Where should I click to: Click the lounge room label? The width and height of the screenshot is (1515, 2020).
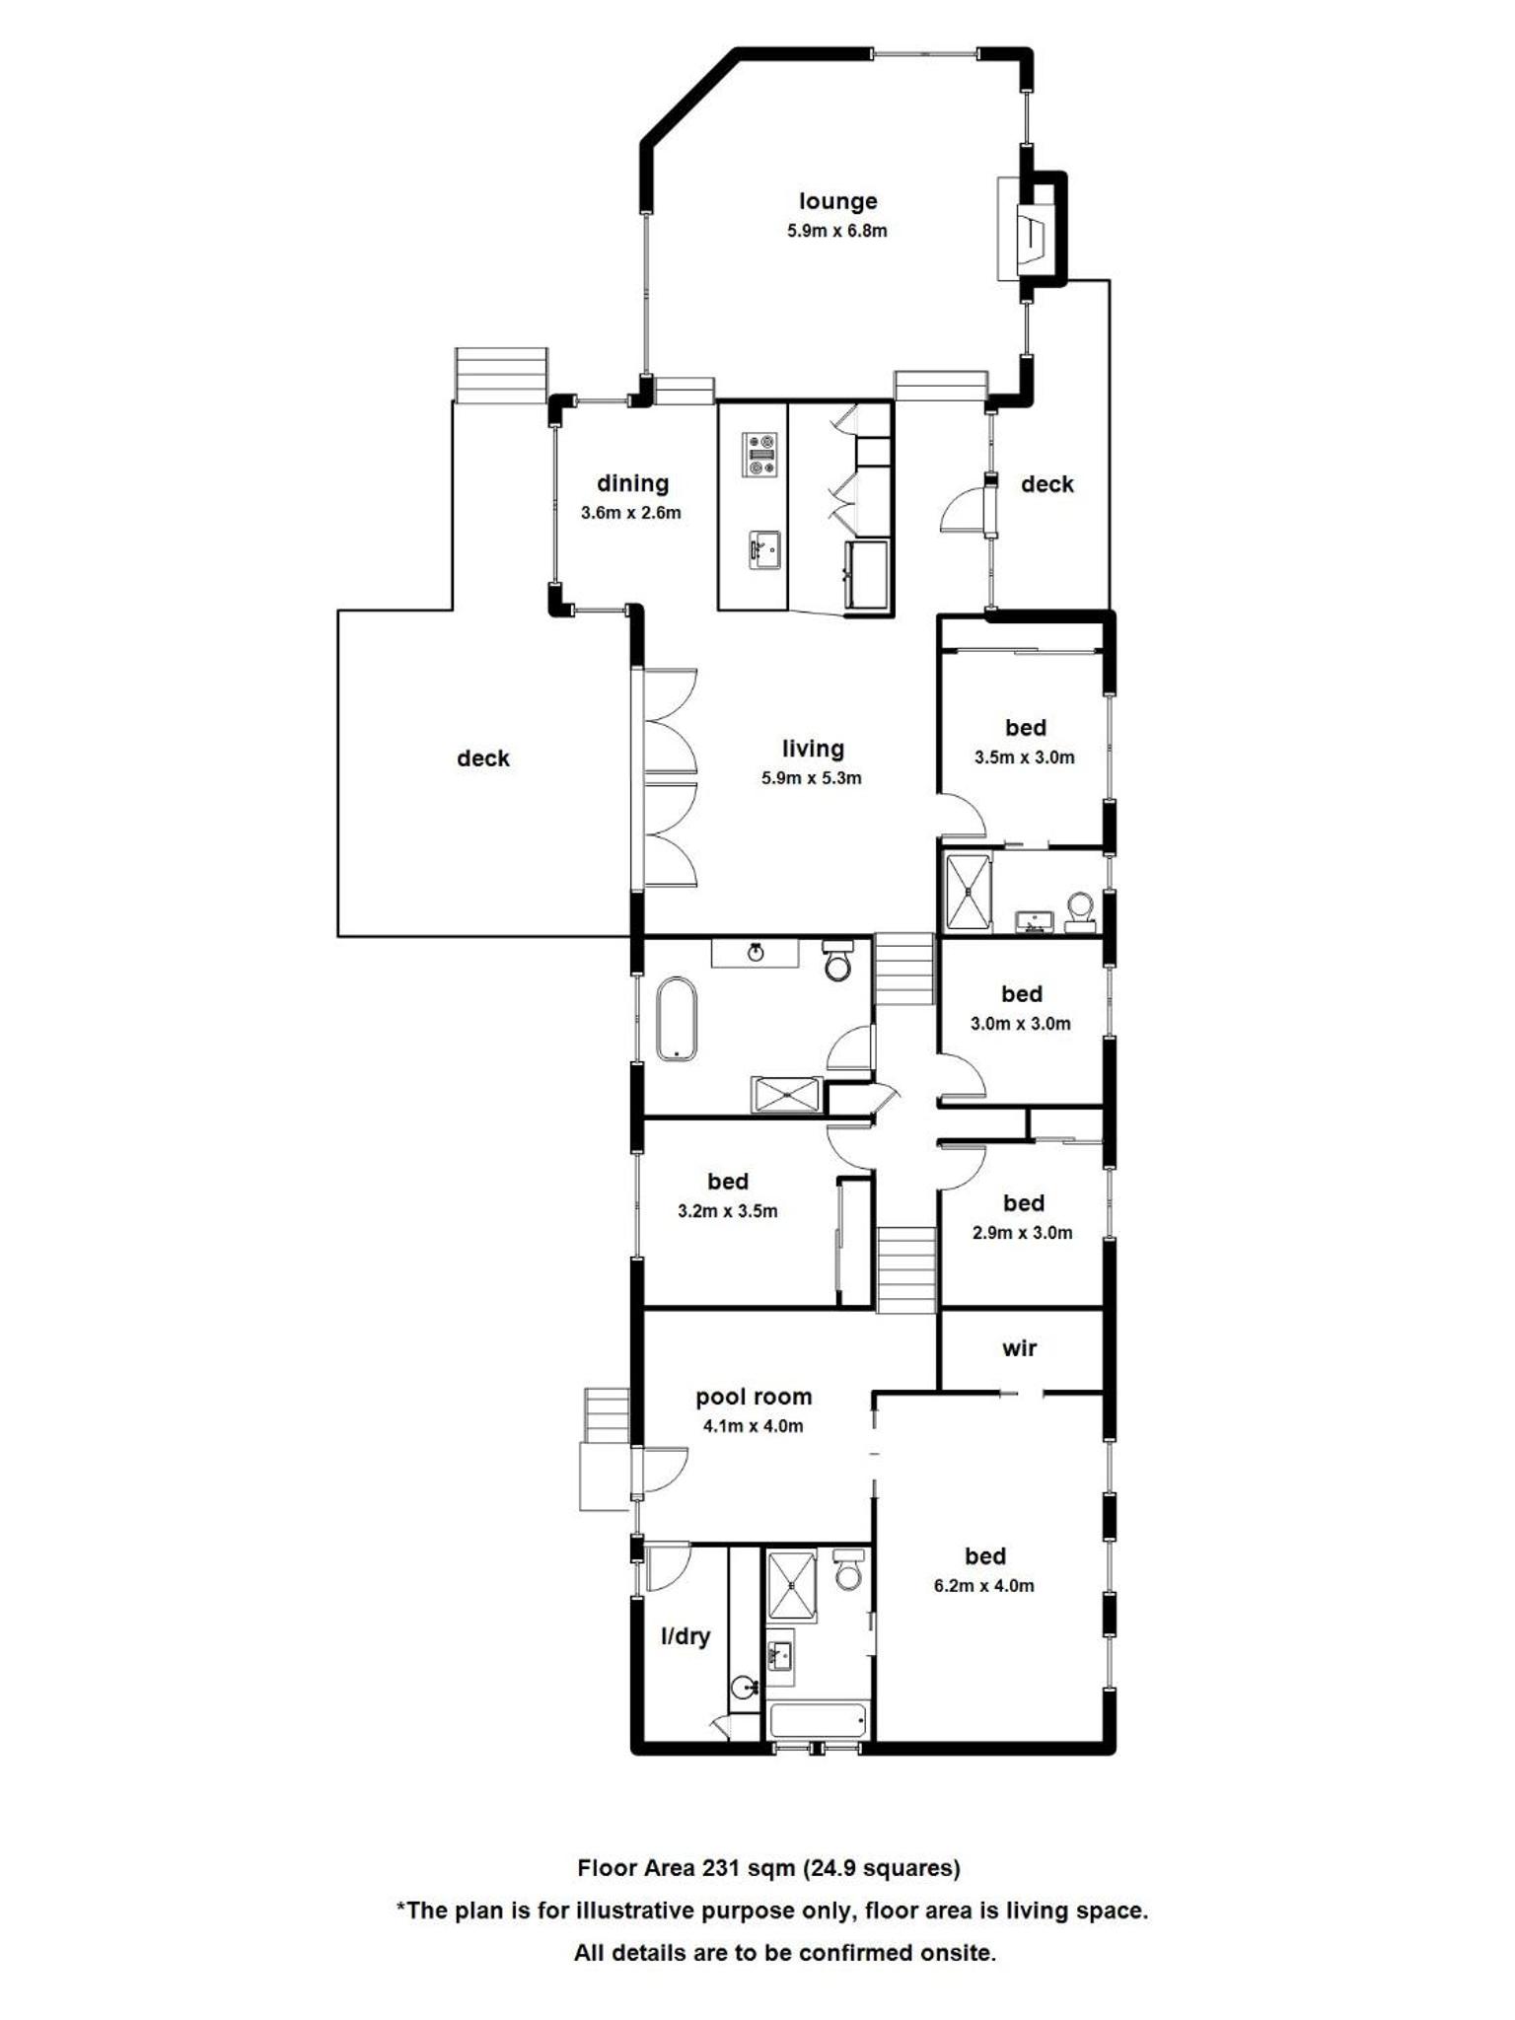[x=837, y=201]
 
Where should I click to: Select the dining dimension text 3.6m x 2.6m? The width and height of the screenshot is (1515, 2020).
[x=630, y=513]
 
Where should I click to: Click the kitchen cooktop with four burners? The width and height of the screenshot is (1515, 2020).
[x=759, y=455]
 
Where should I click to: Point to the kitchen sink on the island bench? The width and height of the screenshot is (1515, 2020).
[x=763, y=549]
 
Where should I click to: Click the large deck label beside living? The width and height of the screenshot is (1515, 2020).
[x=483, y=758]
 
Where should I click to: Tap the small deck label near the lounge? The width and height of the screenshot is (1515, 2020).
[x=1047, y=484]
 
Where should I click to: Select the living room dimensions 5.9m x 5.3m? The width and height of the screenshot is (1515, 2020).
[x=811, y=778]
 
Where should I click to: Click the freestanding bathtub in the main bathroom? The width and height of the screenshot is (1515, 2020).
[x=676, y=1019]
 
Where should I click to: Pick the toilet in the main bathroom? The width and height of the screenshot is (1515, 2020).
[x=837, y=960]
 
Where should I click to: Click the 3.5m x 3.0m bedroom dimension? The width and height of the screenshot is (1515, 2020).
[x=1024, y=757]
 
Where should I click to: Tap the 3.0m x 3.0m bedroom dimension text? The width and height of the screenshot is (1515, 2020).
[x=1020, y=1024]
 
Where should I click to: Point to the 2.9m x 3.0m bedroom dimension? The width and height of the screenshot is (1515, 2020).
[x=1022, y=1233]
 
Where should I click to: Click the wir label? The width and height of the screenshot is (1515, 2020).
[x=1019, y=1348]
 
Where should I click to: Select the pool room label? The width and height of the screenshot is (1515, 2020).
[x=754, y=1397]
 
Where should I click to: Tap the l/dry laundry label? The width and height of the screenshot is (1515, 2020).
[x=685, y=1636]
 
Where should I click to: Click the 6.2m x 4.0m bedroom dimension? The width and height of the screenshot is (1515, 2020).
[x=983, y=1586]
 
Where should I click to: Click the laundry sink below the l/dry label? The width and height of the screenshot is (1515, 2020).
[x=744, y=1689]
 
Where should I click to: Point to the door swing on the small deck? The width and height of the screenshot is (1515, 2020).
[x=966, y=512]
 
